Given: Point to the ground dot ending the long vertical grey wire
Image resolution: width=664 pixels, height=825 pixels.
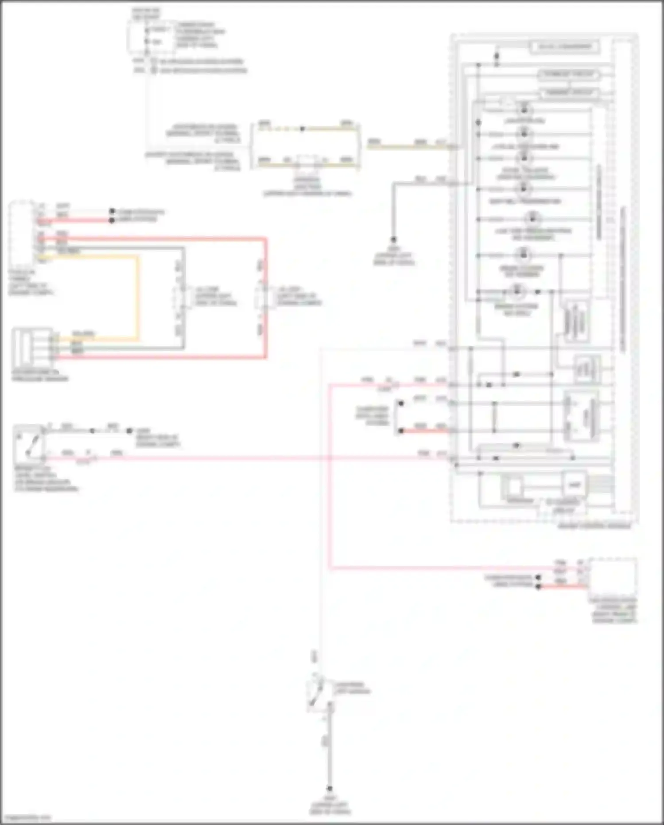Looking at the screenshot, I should pyautogui.click(x=330, y=789).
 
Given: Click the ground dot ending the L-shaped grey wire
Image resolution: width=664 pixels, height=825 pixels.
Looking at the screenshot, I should pyautogui.click(x=393, y=240).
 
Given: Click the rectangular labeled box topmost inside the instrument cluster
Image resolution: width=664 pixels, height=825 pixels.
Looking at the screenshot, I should pyautogui.click(x=564, y=47).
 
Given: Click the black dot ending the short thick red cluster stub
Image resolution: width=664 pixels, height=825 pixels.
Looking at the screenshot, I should pyautogui.click(x=400, y=430).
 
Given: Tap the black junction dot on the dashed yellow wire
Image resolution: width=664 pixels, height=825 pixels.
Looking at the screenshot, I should pyautogui.click(x=302, y=129).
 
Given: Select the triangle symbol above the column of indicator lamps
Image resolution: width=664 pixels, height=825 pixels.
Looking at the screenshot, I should pyautogui.click(x=508, y=102).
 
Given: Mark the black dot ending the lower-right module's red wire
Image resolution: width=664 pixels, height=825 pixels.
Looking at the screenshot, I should pyautogui.click(x=538, y=587).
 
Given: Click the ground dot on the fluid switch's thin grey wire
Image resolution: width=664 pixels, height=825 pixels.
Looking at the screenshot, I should pyautogui.click(x=129, y=430).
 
